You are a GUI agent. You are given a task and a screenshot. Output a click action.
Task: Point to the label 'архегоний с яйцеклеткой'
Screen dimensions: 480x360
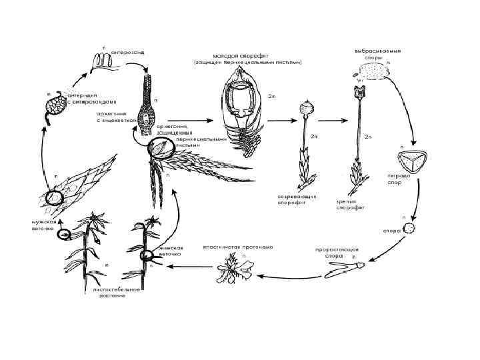pos(116,117)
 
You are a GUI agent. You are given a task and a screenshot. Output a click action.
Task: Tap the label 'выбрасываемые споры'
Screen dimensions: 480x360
pos(377,54)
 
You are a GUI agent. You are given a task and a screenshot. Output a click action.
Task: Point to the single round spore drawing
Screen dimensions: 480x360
pos(411,229)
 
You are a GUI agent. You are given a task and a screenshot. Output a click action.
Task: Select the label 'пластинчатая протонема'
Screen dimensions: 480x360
pos(229,247)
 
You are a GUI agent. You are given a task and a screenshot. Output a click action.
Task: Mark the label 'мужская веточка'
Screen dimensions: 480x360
pos(42,224)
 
